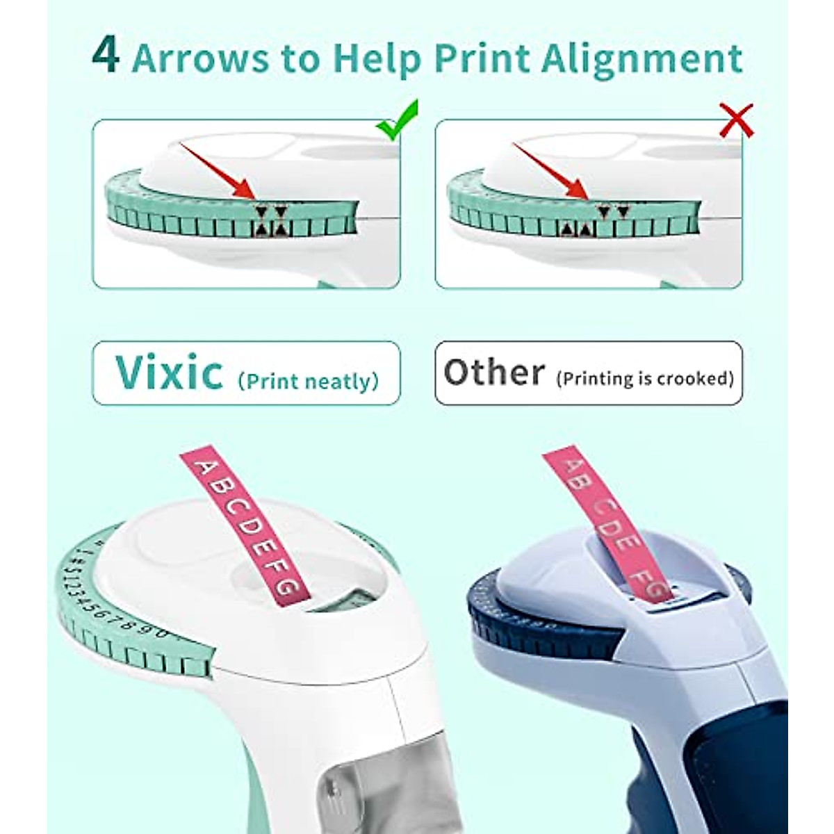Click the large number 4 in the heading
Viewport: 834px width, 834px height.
[x=105, y=57]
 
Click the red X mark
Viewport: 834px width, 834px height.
[x=736, y=120]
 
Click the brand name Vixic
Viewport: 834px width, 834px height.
[x=169, y=373]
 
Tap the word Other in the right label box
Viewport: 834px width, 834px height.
[x=494, y=373]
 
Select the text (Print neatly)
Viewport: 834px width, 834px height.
[x=308, y=381]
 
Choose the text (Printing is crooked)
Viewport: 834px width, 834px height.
[x=645, y=378]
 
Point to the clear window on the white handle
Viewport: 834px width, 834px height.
[x=361, y=785]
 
